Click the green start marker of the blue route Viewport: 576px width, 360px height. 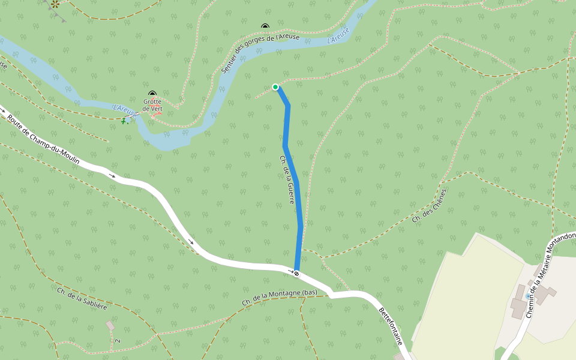pyautogui.click(x=275, y=87)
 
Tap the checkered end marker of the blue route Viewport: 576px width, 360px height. pyautogui.click(x=296, y=274)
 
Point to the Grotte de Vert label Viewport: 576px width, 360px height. pyautogui.click(x=152, y=105)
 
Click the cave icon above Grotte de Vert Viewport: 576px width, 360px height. pyautogui.click(x=152, y=94)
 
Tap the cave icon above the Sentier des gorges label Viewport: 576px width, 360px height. pyautogui.click(x=265, y=26)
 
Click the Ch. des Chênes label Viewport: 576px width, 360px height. pyautogui.click(x=430, y=206)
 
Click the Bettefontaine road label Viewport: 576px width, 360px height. pyautogui.click(x=391, y=326)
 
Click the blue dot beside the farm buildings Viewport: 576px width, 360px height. pyautogui.click(x=528, y=296)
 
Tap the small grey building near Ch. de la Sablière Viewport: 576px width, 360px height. pyautogui.click(x=110, y=325)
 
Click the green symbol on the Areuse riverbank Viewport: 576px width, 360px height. pyautogui.click(x=124, y=121)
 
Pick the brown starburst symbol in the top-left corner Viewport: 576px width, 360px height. pyautogui.click(x=55, y=4)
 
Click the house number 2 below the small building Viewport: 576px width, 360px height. pyautogui.click(x=118, y=341)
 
